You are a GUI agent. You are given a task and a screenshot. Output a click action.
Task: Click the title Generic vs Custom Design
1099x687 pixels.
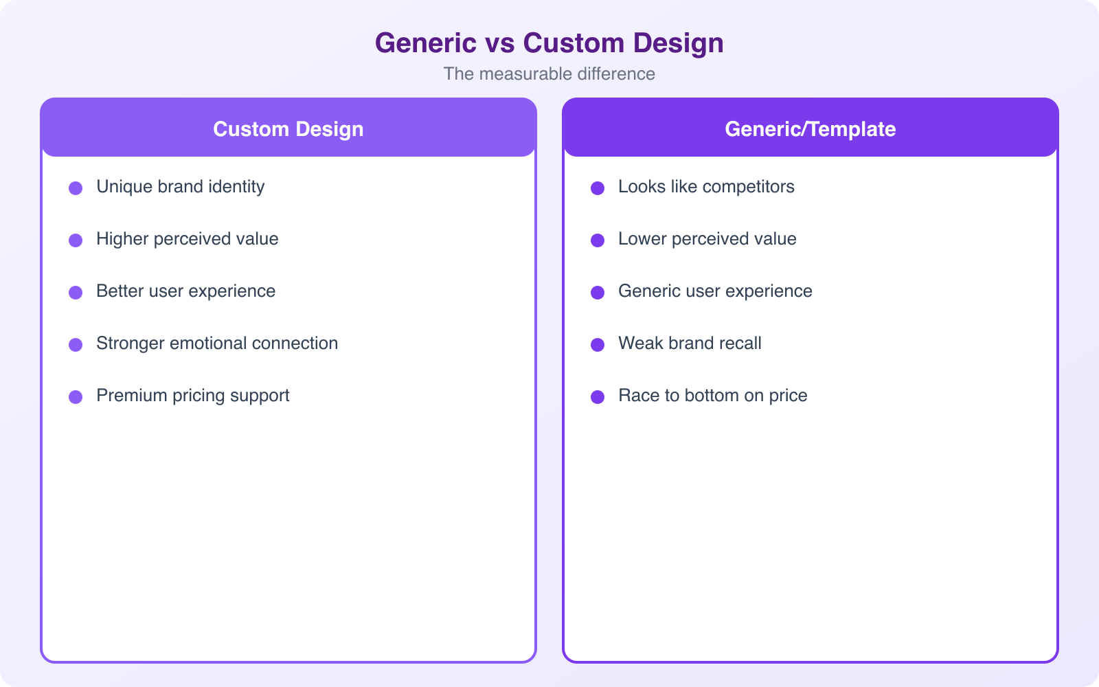pos(549,43)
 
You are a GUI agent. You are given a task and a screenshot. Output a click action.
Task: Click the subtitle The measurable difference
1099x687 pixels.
pos(549,74)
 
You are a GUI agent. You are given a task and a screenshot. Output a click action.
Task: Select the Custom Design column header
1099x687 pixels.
pos(288,129)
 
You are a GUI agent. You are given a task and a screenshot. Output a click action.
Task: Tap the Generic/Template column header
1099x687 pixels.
pos(810,129)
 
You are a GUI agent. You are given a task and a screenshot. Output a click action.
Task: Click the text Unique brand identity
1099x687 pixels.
pos(180,187)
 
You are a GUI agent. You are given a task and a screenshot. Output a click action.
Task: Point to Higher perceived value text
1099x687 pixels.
pos(187,239)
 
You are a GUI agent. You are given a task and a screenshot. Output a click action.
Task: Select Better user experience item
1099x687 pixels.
pos(185,291)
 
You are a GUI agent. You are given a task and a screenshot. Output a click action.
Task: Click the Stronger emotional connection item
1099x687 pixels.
pos(217,343)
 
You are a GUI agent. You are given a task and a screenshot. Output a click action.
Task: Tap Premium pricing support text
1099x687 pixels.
pos(192,396)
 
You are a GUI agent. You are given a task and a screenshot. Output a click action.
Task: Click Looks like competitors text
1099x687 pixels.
pos(706,187)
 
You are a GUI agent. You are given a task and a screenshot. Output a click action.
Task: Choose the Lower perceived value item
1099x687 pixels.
pos(707,239)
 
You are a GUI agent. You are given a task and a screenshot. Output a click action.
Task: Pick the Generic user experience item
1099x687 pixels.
pos(715,291)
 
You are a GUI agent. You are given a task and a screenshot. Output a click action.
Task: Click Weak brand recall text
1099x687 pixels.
pos(690,343)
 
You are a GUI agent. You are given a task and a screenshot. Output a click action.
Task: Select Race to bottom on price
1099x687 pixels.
pos(712,396)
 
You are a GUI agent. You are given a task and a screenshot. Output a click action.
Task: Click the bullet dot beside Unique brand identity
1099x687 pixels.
pos(76,188)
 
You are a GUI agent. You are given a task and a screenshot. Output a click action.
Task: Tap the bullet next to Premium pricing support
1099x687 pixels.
pos(76,397)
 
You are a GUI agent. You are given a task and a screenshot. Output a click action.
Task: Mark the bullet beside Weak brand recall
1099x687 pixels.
pos(598,345)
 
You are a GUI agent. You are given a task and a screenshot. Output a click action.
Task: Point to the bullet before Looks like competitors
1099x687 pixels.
pos(598,188)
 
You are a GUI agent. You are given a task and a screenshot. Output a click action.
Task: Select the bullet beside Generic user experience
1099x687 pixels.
pos(598,293)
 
